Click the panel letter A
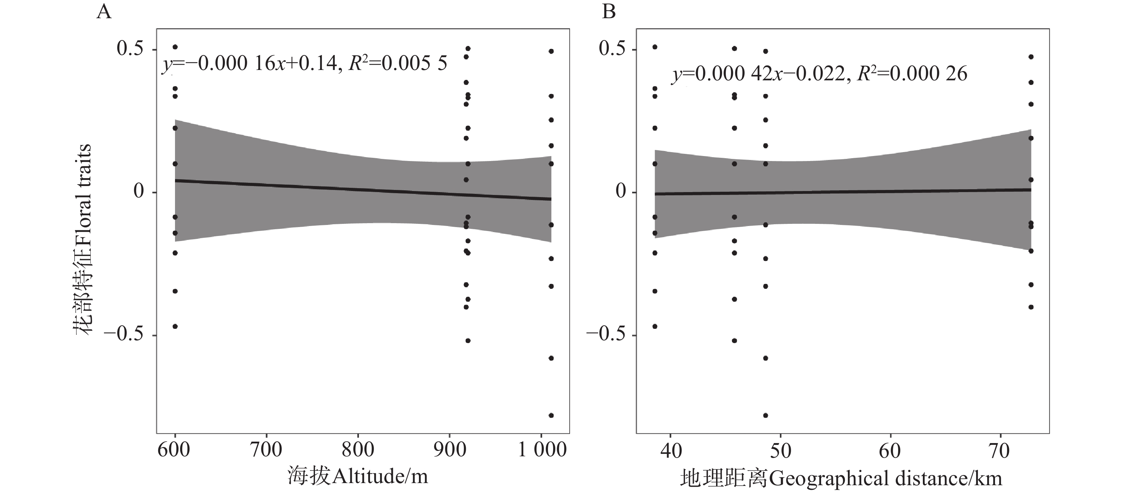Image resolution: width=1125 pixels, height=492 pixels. coord(104,12)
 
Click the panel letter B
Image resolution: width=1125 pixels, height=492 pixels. coord(609,12)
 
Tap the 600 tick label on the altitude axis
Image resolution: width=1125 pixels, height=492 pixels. coord(174,450)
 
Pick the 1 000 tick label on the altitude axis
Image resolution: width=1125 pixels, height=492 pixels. coord(542,450)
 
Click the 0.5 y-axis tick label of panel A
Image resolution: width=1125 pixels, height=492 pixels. coord(130,49)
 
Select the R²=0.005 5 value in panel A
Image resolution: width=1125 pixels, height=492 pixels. coord(398,64)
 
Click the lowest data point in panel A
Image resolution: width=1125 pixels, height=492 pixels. coord(551,415)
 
